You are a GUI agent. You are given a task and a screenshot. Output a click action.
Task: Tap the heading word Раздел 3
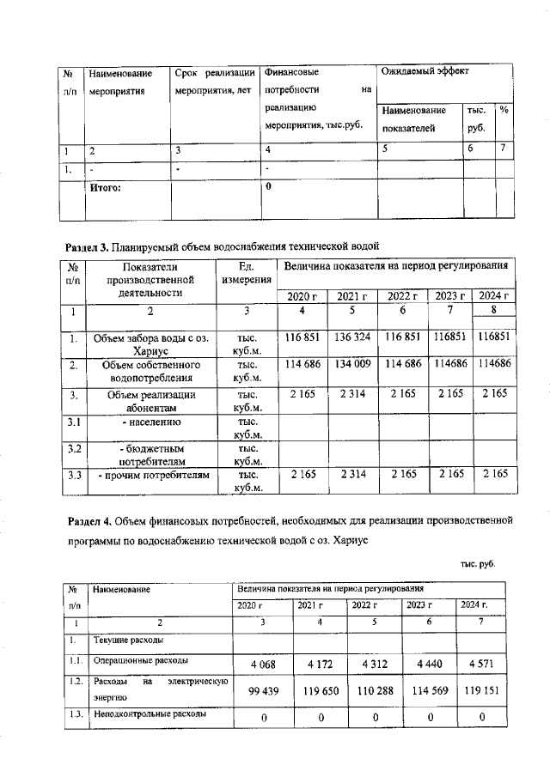point(86,246)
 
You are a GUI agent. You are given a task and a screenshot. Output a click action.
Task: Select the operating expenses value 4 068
point(263,665)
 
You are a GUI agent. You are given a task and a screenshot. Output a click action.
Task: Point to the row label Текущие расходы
point(129,640)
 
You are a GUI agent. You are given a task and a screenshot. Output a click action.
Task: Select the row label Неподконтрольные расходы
point(149,714)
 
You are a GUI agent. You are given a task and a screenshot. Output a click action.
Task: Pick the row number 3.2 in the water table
point(75,448)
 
